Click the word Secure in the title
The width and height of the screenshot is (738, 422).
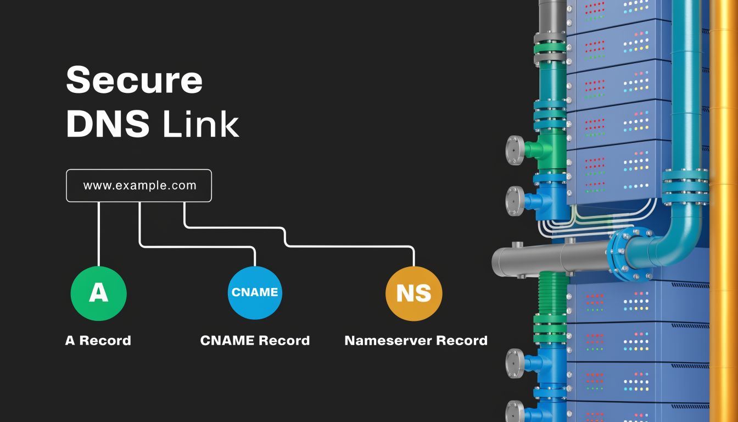tap(135, 80)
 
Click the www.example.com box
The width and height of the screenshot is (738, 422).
tap(139, 186)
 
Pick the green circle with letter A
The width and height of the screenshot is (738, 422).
tap(99, 293)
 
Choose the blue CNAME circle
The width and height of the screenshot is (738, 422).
tap(255, 292)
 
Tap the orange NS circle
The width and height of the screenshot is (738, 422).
tap(413, 293)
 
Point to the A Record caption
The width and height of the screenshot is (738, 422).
tap(98, 341)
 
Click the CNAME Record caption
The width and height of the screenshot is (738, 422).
tap(255, 341)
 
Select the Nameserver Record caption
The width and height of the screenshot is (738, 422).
tap(416, 341)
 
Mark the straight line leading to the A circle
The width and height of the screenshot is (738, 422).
tap(99, 234)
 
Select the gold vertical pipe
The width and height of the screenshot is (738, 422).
tap(723, 220)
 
